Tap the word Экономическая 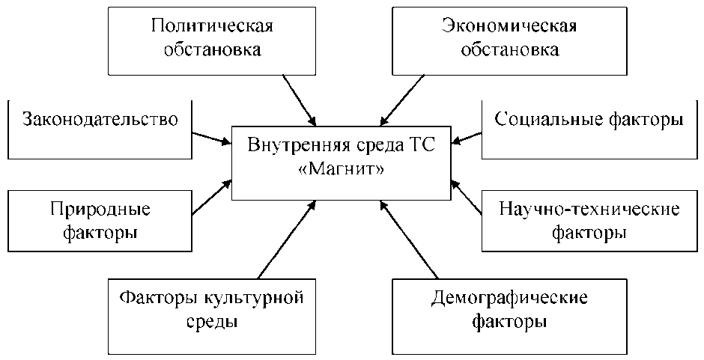[509, 28]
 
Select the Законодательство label [100, 120]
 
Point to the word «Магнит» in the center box [342, 171]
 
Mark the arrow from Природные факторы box [211, 197]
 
